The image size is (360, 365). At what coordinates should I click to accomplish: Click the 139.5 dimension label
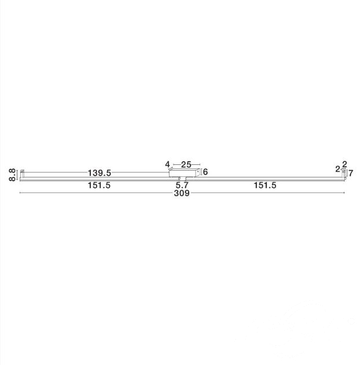[99, 173]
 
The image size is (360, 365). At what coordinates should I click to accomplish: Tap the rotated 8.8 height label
[12, 175]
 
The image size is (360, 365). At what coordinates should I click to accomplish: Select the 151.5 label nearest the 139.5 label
[99, 185]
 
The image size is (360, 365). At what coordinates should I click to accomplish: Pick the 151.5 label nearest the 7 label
[265, 185]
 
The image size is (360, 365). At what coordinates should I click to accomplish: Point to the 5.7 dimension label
[182, 185]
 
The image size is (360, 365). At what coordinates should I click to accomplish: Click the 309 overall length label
[182, 193]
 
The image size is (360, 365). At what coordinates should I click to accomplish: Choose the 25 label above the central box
[186, 165]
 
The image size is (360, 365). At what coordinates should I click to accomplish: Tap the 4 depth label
[167, 164]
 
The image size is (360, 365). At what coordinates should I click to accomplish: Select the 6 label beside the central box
[205, 172]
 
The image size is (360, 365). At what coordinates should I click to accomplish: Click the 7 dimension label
[351, 173]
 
